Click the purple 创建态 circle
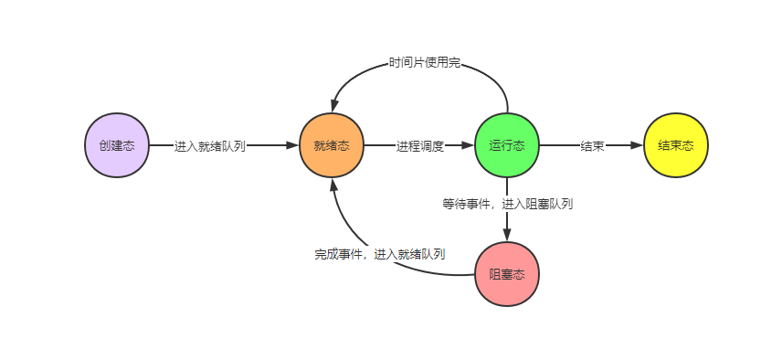pos(117,145)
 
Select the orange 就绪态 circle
pos(331,145)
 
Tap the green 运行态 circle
pos(507,145)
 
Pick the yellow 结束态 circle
pos(676,145)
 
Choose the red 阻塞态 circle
pos(507,274)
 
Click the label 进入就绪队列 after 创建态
pos(210,146)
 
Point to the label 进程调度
pos(420,146)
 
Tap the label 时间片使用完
pos(424,64)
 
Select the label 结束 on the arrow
pos(592,146)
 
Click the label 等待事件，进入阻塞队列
pos(507,204)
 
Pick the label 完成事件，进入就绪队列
pos(380,254)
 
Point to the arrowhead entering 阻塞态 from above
pos(507,235)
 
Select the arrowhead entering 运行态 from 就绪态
pos(468,145)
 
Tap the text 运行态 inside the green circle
pos(507,145)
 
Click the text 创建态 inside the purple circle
pos(117,145)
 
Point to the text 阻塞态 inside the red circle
pos(507,274)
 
